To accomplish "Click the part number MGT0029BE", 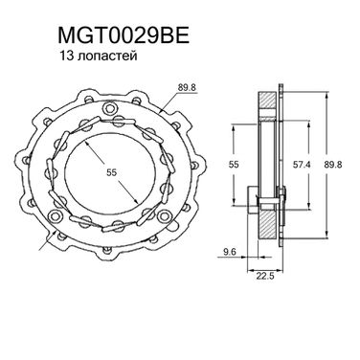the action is pyautogui.click(x=124, y=34).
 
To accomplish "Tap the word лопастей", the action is pyautogui.click(x=107, y=56).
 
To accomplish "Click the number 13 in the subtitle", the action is pyautogui.click(x=66, y=56).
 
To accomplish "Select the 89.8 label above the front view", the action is pyautogui.click(x=187, y=87).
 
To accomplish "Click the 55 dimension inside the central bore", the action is pyautogui.click(x=112, y=172).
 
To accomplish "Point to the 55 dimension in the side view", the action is pyautogui.click(x=234, y=165).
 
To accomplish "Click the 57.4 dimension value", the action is pyautogui.click(x=302, y=165).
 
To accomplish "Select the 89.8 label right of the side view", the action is pyautogui.click(x=333, y=165).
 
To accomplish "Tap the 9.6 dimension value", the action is pyautogui.click(x=230, y=252).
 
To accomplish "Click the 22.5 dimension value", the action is pyautogui.click(x=265, y=276).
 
